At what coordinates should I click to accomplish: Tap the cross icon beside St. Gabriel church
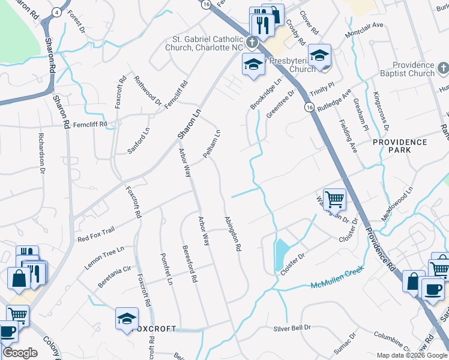(252, 43)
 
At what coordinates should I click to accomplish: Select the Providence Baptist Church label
(414, 69)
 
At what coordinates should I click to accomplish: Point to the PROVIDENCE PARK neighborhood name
(400, 146)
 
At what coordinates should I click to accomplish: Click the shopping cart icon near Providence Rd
(334, 198)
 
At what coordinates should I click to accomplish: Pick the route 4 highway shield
(56, 12)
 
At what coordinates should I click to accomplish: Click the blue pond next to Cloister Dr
(280, 254)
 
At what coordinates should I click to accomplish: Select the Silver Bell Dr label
(293, 328)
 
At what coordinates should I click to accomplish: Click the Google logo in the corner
(20, 353)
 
